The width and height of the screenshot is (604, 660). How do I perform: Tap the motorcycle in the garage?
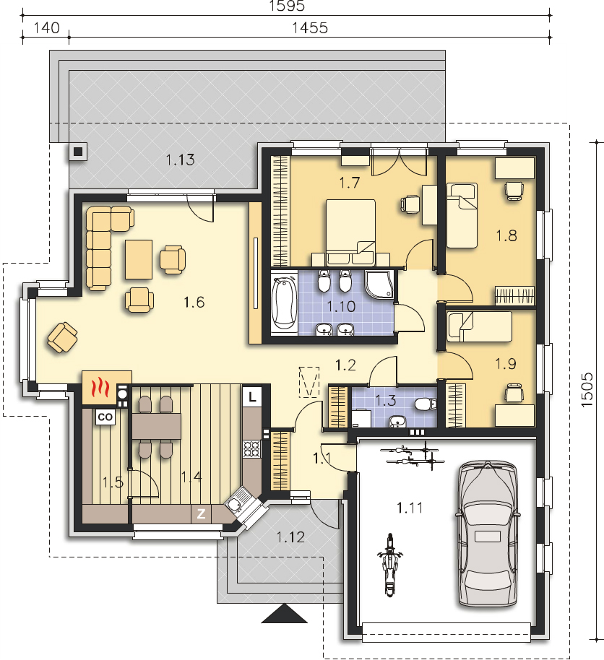click(x=390, y=565)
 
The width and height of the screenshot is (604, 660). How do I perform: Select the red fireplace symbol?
click(x=100, y=388)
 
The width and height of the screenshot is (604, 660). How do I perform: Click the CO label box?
click(x=105, y=417)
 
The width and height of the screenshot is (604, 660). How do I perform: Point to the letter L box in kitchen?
click(x=252, y=396)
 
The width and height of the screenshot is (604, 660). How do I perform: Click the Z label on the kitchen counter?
click(x=201, y=514)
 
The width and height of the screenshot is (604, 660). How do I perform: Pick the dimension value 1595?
click(x=286, y=6)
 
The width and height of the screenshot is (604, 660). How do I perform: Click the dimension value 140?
click(x=46, y=27)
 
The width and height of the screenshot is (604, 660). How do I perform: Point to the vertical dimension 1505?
click(x=587, y=390)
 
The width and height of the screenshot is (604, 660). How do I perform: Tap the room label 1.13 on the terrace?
click(x=180, y=160)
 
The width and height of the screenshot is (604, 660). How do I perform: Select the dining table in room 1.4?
click(x=156, y=426)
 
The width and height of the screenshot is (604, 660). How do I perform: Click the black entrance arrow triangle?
click(x=285, y=613)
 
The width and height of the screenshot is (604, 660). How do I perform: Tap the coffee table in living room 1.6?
click(x=139, y=259)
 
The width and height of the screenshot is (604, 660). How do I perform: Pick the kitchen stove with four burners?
click(x=252, y=448)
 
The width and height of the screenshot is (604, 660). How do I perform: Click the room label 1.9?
click(x=506, y=364)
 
